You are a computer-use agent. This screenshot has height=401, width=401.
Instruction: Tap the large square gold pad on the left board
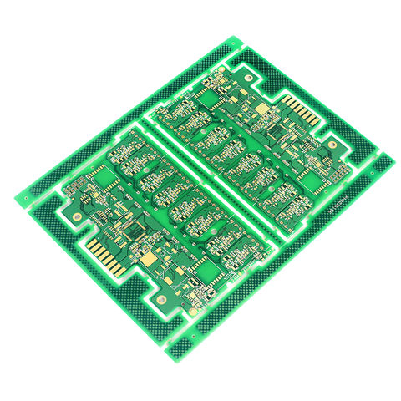pyautogui.click(x=150, y=261)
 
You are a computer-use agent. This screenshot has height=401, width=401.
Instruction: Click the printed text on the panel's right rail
pyautogui.click(x=338, y=201)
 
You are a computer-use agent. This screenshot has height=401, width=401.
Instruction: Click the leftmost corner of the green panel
pyautogui.click(x=15, y=198)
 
